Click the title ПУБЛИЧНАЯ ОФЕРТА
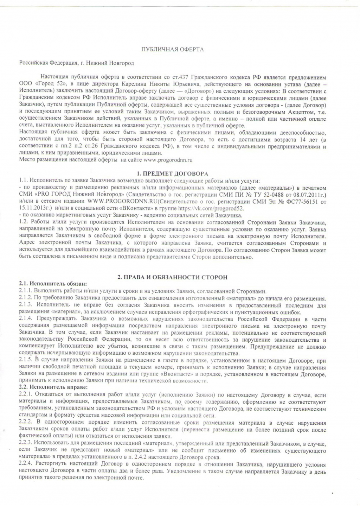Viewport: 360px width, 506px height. click(172, 50)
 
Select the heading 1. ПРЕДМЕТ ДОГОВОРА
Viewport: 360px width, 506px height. click(172, 173)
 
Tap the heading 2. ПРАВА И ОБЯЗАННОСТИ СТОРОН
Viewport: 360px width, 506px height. click(172, 277)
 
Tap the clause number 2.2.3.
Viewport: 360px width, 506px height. click(26, 442)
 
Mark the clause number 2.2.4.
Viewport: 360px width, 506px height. click(26, 465)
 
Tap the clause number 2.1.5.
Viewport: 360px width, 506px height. click(26, 361)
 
